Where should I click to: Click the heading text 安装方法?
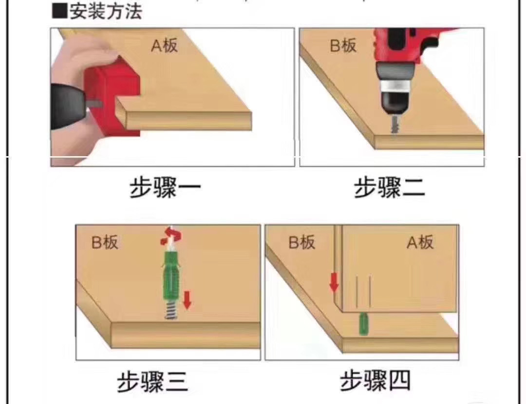tap(106, 11)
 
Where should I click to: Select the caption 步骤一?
tap(165, 188)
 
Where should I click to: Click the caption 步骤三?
tap(152, 382)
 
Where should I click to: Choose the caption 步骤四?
tap(375, 381)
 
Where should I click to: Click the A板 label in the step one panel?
tap(165, 46)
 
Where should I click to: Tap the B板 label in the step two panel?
tap(343, 46)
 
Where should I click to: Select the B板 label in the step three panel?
tap(105, 242)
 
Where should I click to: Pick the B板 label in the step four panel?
tap(302, 242)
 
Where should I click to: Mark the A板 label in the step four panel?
tap(420, 242)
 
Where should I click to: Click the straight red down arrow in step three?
tap(187, 300)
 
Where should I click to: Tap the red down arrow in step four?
tap(334, 282)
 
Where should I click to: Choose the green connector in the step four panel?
tap(363, 324)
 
